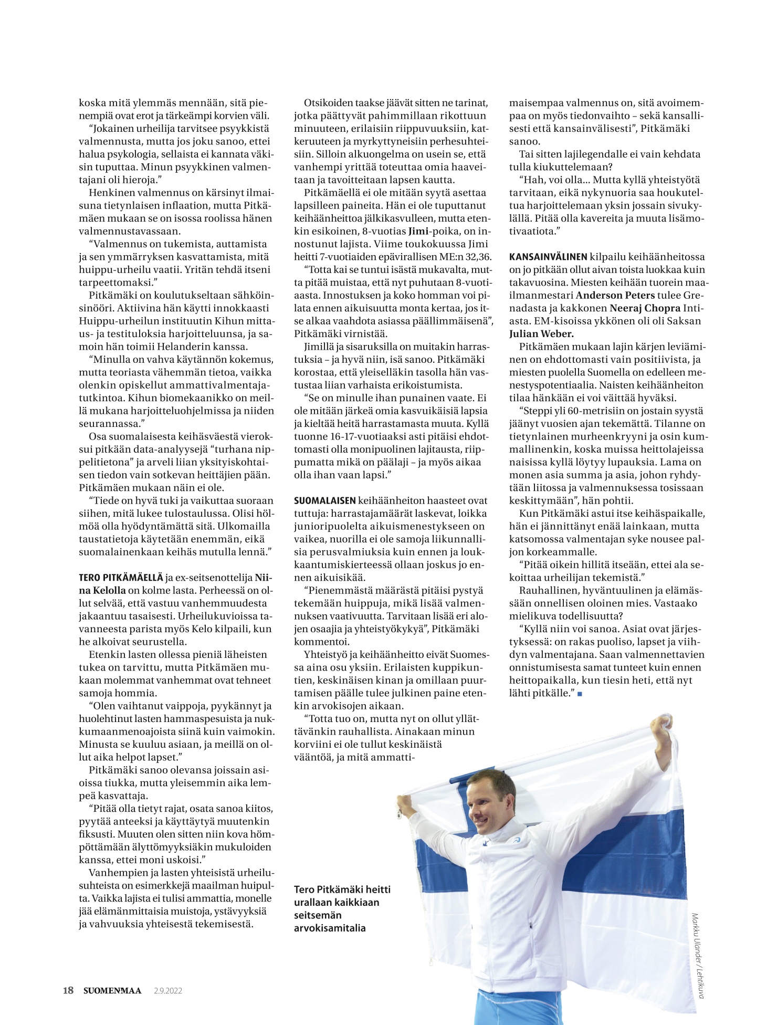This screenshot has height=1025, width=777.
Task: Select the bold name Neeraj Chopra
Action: pyautogui.click(x=644, y=308)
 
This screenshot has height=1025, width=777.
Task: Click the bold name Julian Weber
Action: pyautogui.click(x=541, y=334)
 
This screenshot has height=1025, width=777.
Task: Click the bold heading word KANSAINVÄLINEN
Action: pyautogui.click(x=548, y=257)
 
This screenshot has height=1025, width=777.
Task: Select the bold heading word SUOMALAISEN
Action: pyautogui.click(x=324, y=501)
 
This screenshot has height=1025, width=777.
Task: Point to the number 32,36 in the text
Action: pyautogui.click(x=476, y=257)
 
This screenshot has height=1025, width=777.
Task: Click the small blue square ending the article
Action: pyautogui.click(x=580, y=694)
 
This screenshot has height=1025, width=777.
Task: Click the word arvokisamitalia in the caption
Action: pyautogui.click(x=330, y=928)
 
